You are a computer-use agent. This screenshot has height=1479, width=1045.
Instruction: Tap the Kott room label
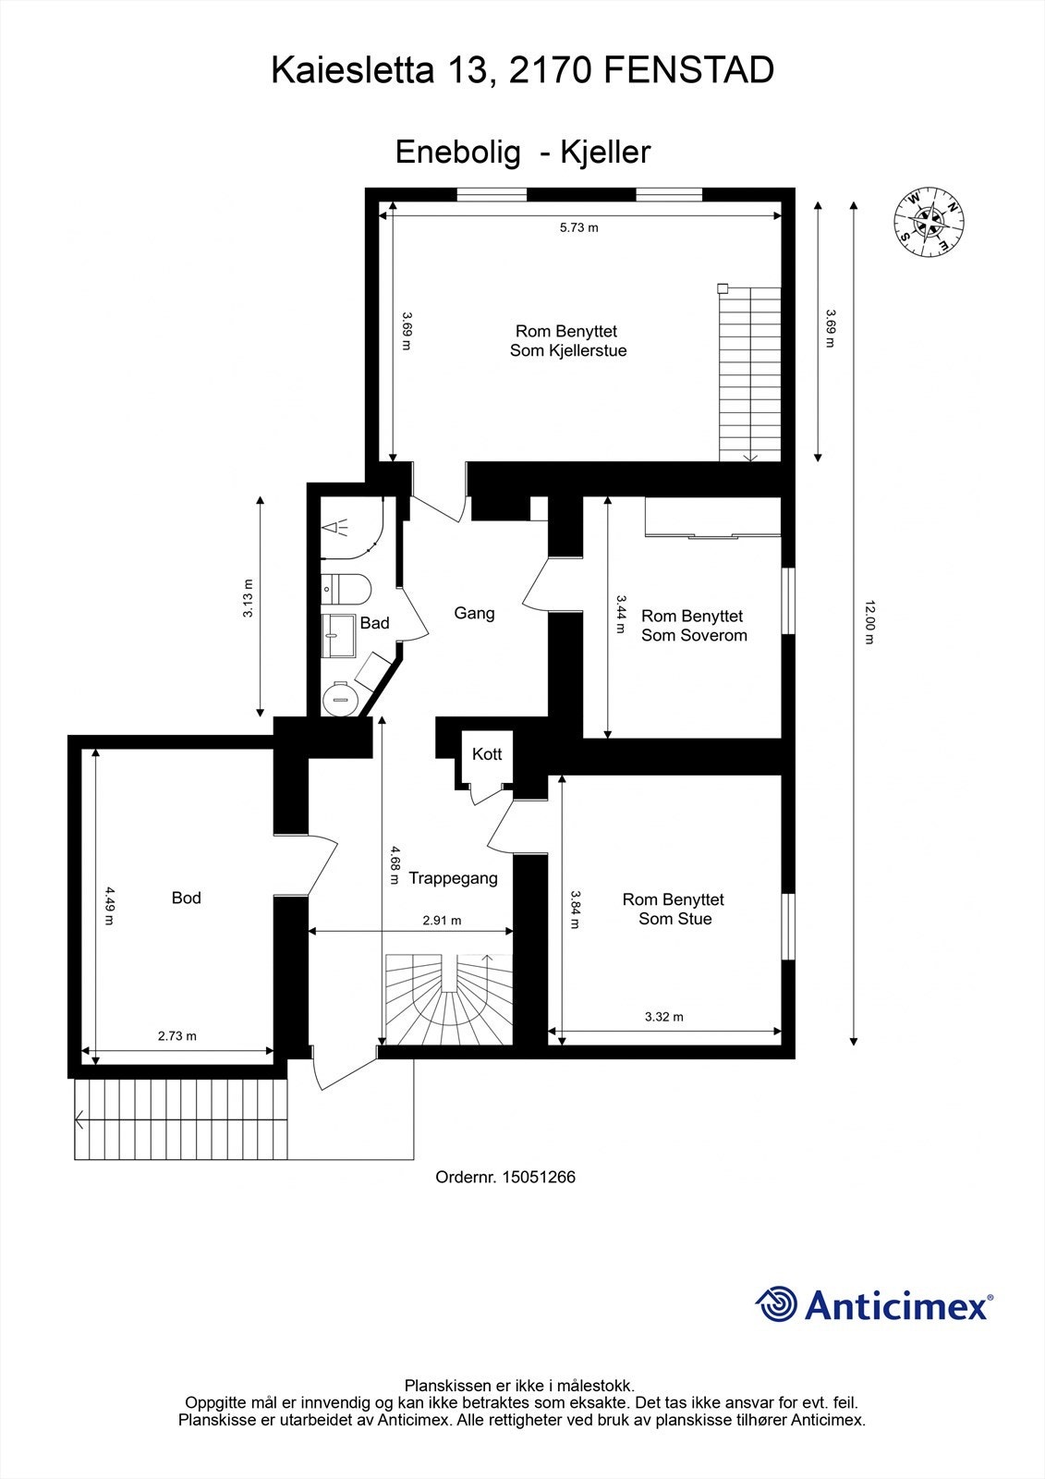[487, 754]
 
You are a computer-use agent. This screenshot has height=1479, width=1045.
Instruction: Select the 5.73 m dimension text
[578, 227]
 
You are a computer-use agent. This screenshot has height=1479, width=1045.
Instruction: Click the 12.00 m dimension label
[869, 622]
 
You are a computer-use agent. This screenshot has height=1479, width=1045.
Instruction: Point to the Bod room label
[186, 898]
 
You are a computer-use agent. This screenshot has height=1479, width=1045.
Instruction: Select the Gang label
[474, 613]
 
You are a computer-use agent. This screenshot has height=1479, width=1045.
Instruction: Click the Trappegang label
[453, 878]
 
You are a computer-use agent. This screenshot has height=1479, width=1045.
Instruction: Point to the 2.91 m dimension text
[442, 921]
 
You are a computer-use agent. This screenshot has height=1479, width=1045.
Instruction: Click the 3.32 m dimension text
[663, 1017]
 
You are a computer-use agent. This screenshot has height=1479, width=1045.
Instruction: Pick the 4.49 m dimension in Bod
[109, 906]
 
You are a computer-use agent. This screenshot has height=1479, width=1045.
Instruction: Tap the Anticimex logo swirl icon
[776, 1304]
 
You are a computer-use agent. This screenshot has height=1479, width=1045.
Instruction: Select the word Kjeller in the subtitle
[606, 152]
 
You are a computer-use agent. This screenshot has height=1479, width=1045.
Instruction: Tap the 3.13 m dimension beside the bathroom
[248, 599]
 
